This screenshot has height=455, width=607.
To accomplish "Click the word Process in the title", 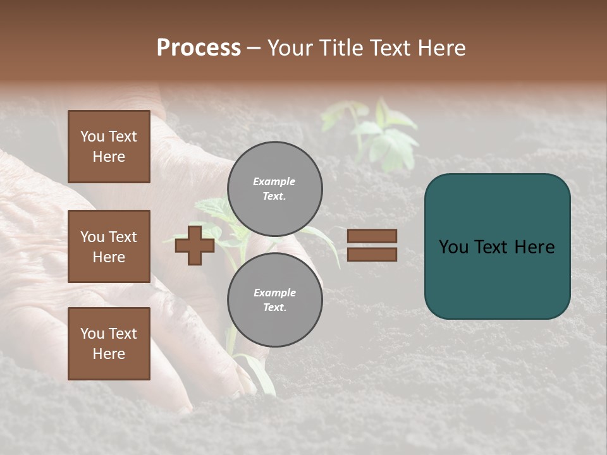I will [x=199, y=48].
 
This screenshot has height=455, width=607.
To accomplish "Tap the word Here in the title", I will [x=441, y=48].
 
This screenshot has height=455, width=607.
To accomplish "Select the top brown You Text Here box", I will [x=109, y=147].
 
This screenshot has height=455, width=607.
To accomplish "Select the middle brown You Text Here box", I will [x=109, y=246].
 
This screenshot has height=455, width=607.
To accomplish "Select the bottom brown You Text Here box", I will [x=109, y=344].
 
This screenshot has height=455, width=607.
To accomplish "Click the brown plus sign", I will [x=195, y=245].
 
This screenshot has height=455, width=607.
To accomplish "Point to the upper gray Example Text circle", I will [x=275, y=189].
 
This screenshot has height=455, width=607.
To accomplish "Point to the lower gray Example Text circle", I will [x=275, y=300].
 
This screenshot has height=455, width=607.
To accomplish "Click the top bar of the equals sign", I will [x=372, y=236].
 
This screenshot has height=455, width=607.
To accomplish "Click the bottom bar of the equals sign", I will [x=372, y=254].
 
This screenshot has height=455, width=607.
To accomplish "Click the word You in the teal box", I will [x=454, y=247].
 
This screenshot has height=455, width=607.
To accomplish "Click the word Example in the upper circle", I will [x=274, y=181].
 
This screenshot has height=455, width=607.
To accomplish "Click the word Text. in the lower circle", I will [x=274, y=307].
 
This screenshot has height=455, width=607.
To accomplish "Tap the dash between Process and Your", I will [x=254, y=48].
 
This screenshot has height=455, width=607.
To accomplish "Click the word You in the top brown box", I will [x=93, y=136].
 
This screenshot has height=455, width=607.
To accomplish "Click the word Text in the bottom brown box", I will [x=123, y=334].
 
